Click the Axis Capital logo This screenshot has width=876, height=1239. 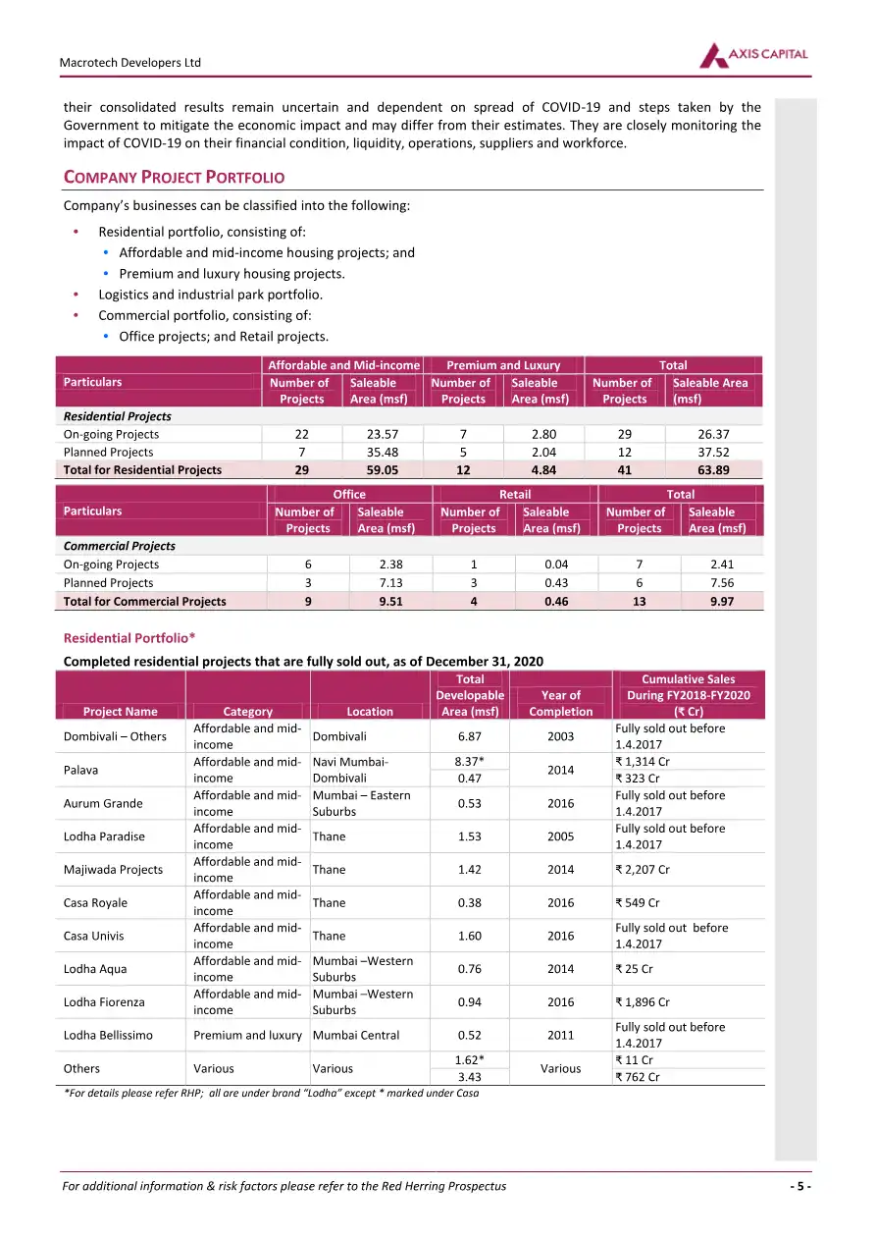(x=753, y=56)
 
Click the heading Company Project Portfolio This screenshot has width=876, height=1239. (x=174, y=178)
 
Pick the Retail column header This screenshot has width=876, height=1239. (x=515, y=494)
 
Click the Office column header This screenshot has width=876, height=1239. (x=349, y=494)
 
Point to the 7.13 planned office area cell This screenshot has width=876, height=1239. (x=390, y=582)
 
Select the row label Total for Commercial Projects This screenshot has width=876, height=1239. (x=144, y=601)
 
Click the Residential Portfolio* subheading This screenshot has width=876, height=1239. (x=129, y=638)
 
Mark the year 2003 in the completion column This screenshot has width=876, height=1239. (x=560, y=736)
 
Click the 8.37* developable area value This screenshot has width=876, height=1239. (x=470, y=761)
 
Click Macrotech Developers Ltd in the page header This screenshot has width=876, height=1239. (x=132, y=63)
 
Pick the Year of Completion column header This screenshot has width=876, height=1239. (x=560, y=703)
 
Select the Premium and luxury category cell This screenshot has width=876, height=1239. (x=247, y=1035)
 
